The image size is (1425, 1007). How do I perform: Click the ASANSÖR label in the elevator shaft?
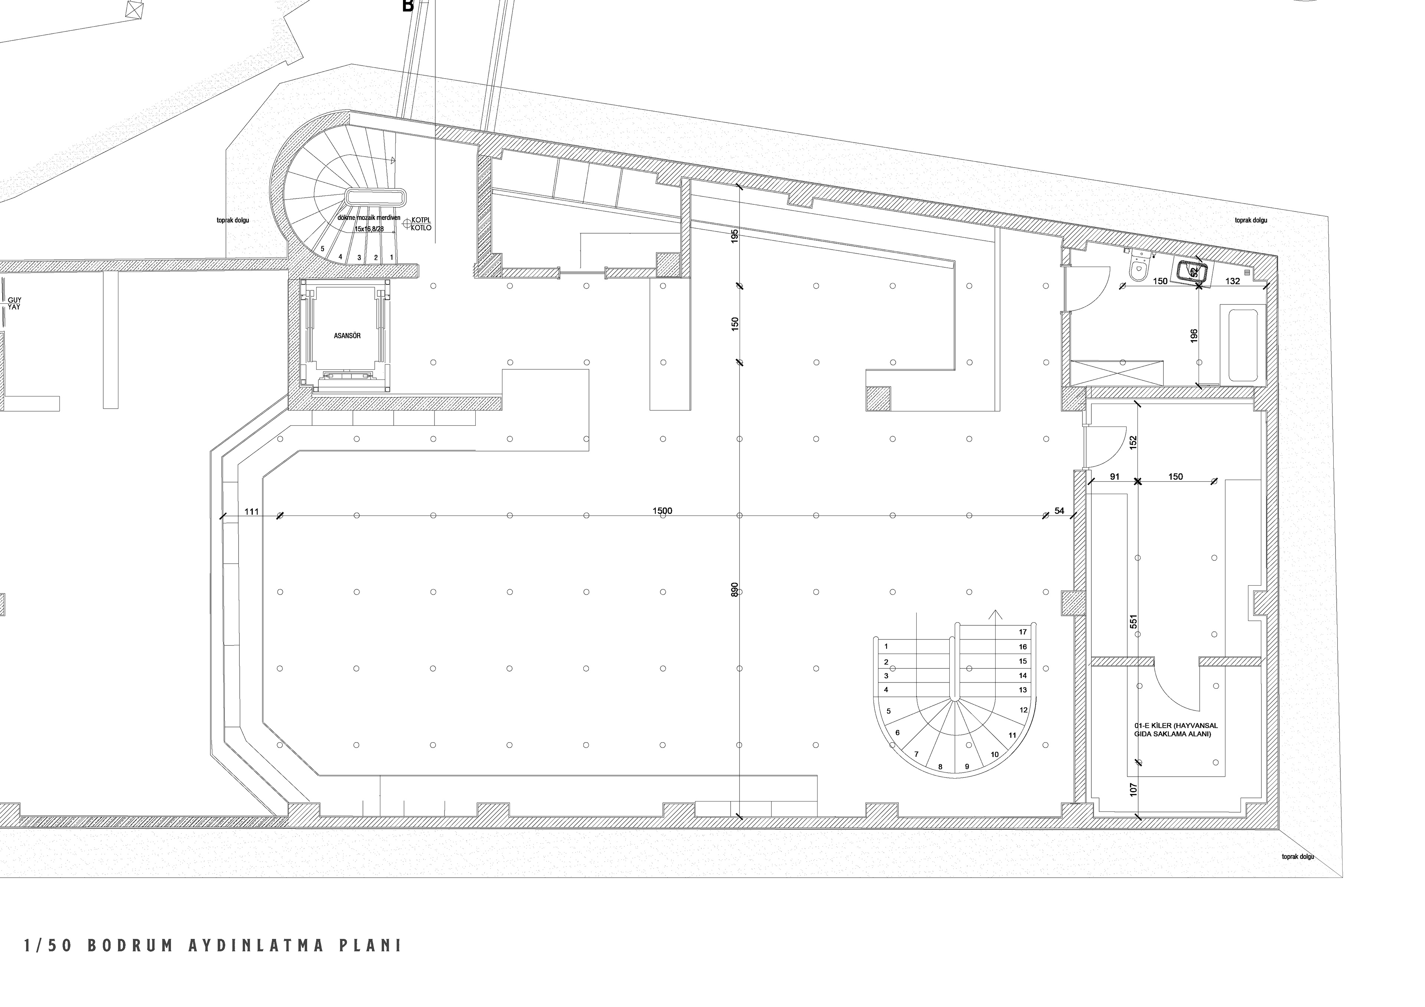point(347,336)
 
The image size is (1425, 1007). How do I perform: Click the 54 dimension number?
point(1059,511)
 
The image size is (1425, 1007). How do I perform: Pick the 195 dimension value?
point(735,236)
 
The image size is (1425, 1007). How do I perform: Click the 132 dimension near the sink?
point(1233,281)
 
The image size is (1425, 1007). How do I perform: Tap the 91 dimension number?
point(1115,477)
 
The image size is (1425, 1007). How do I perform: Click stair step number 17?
point(1023,632)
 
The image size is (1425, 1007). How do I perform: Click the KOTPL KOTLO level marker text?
point(421,224)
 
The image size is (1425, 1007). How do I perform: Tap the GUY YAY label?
point(14,303)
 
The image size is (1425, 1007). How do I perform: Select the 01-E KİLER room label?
point(1176,730)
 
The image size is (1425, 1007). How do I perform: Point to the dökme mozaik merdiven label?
point(368,218)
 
